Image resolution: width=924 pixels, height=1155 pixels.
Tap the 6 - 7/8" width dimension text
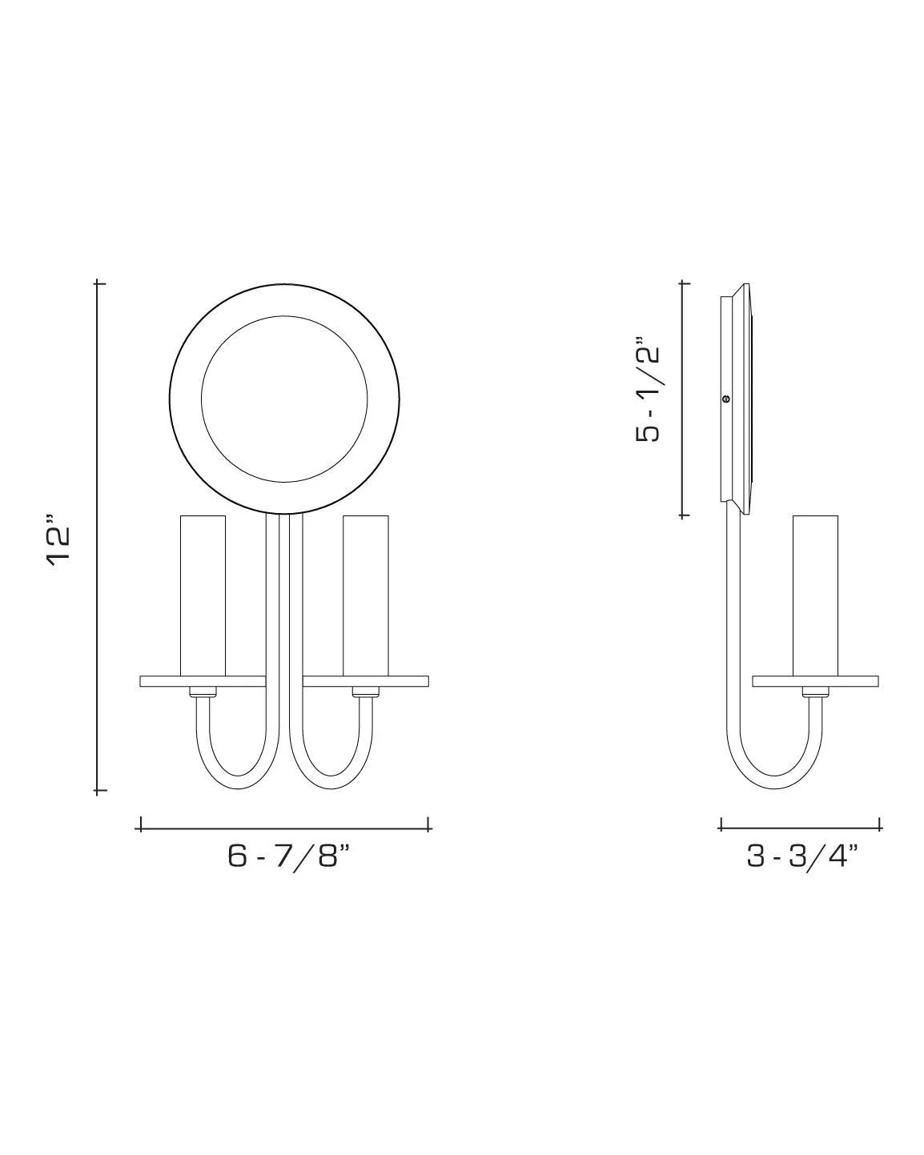[x=289, y=856]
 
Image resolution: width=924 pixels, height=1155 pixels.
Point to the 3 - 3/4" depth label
[x=801, y=856]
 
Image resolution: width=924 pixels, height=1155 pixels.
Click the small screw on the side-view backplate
[x=726, y=398]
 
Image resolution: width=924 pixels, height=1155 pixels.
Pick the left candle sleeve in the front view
[x=203, y=596]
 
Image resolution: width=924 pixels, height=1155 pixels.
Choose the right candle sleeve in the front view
[x=365, y=596]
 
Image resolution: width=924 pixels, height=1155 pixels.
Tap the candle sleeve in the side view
[x=815, y=596]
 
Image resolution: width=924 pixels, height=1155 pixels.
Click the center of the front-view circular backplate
[x=284, y=398]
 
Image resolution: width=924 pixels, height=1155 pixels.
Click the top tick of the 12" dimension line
[x=98, y=283]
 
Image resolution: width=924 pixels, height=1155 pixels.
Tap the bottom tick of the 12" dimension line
[x=98, y=791]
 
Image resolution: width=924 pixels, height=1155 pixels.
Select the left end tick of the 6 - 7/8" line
[x=141, y=824]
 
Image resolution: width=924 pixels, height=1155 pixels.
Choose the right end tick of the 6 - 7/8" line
[x=429, y=824]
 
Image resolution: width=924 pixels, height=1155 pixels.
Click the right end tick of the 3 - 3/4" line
[x=880, y=824]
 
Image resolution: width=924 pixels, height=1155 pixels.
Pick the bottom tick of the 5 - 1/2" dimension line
[x=682, y=516]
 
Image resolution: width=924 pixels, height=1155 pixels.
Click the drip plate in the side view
[x=815, y=682]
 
